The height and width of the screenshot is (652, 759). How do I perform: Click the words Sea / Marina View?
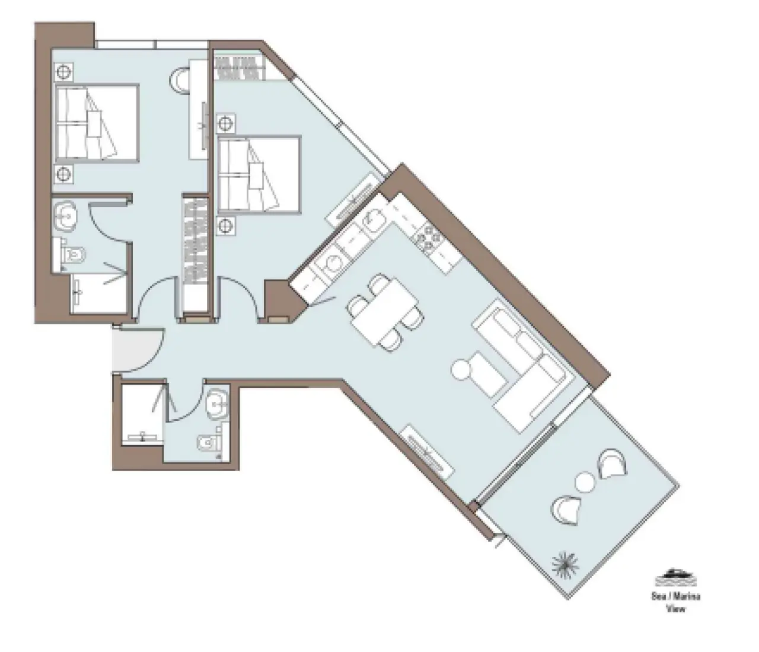pyautogui.click(x=676, y=602)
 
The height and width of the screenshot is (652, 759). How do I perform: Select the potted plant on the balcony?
pyautogui.click(x=565, y=565)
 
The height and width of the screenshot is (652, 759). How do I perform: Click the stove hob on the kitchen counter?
pyautogui.click(x=428, y=237)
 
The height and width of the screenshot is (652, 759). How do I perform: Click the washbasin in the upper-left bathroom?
pyautogui.click(x=67, y=216)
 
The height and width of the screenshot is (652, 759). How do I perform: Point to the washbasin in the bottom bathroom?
pyautogui.click(x=218, y=404)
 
